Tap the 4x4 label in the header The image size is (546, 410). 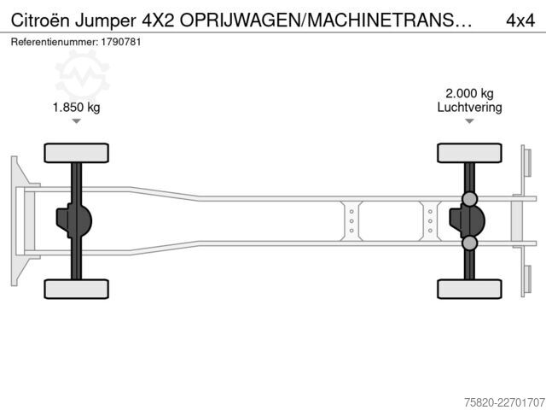(520, 20)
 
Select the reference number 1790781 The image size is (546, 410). (121, 42)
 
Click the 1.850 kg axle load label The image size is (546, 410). (76, 107)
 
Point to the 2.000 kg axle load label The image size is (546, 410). (469, 93)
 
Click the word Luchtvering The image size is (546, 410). (469, 108)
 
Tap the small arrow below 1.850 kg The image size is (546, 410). (76, 121)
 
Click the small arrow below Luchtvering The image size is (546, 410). (469, 121)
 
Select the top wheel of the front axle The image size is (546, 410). (76, 153)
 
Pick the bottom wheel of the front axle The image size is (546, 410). (76, 289)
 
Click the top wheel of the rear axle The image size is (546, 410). (469, 153)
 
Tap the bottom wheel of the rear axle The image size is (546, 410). (469, 289)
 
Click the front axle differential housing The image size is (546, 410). (74, 221)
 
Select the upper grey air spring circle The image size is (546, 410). (470, 199)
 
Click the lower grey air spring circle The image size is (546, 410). (470, 243)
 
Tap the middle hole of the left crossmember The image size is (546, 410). (351, 221)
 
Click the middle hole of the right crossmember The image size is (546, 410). (430, 221)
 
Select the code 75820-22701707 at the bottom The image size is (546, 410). (504, 402)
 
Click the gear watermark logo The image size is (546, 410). (83, 75)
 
